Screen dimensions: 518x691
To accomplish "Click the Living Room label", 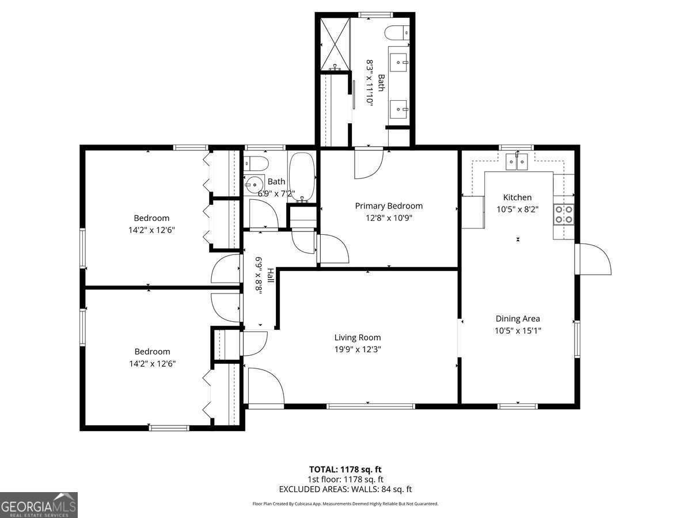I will (x=358, y=338).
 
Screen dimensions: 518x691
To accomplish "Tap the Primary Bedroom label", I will (x=389, y=206).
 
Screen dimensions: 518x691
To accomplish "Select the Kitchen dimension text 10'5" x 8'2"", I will (x=517, y=210).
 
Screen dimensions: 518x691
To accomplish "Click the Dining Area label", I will (x=518, y=318).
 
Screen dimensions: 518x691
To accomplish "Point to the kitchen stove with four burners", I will (x=563, y=214).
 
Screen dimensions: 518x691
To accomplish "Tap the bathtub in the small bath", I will (x=301, y=176).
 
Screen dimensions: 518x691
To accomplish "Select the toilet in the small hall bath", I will (x=255, y=162).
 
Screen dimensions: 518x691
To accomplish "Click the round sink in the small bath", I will (x=253, y=184).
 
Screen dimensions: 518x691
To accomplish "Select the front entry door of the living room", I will (x=265, y=386).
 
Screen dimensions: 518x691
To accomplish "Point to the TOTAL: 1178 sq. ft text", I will (x=345, y=469).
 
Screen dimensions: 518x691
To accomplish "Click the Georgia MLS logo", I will (x=39, y=505).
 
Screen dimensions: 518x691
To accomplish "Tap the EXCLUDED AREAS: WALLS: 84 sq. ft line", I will (x=345, y=489).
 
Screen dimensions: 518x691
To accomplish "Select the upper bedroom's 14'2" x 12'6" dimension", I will (x=151, y=230).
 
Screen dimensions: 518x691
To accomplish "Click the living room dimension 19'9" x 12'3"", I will (x=358, y=349).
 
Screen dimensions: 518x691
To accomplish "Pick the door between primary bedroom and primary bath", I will (x=367, y=163).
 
